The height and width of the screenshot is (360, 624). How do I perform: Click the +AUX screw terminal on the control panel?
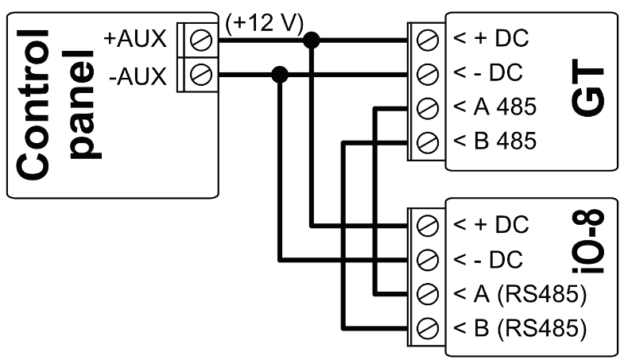(x=202, y=38)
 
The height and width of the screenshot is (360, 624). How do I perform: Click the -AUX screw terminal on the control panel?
(x=202, y=76)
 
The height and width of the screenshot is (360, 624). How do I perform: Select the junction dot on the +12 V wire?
(x=314, y=38)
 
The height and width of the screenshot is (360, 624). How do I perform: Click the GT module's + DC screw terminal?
(x=428, y=38)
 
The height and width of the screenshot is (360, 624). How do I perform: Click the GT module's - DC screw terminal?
(x=428, y=73)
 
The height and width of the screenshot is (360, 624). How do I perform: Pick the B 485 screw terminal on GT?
(x=428, y=143)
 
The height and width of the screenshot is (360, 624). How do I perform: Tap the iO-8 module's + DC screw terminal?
(x=428, y=224)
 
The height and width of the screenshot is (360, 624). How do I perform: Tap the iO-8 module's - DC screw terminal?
(x=428, y=259)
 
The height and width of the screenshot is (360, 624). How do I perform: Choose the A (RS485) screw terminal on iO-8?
(x=428, y=293)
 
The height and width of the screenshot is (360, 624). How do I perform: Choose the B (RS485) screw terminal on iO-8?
(x=428, y=327)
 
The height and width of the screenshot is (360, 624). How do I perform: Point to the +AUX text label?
(x=135, y=38)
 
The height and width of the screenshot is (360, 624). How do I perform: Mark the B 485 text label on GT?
(x=495, y=143)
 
